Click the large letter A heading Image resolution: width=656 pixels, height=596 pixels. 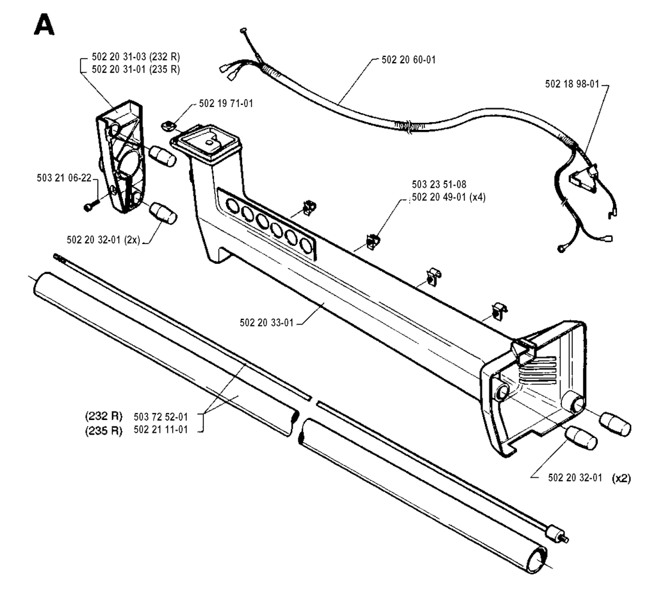click(x=44, y=25)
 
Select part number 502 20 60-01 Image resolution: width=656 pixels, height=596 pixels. click(x=408, y=60)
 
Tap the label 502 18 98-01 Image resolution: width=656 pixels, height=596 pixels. click(x=572, y=84)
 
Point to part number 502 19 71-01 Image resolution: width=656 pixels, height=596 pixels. click(x=226, y=103)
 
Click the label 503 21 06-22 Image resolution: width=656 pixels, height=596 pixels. click(x=64, y=178)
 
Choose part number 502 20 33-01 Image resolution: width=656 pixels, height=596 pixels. click(x=266, y=323)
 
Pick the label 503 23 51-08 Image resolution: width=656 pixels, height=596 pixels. click(x=439, y=184)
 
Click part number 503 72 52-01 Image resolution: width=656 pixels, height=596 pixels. click(x=161, y=417)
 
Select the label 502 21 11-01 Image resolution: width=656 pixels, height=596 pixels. click(x=161, y=430)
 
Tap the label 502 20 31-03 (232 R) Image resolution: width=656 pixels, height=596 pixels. click(x=136, y=57)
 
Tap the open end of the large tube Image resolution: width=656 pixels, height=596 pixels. click(x=536, y=560)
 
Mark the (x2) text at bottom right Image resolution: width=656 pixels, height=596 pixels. click(x=621, y=478)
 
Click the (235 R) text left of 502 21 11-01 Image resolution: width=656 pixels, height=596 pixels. click(x=104, y=430)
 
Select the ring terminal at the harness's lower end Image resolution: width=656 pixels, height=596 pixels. click(x=561, y=249)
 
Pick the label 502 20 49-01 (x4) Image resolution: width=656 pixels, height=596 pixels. click(x=449, y=197)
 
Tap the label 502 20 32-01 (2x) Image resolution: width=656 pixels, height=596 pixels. click(x=103, y=239)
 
